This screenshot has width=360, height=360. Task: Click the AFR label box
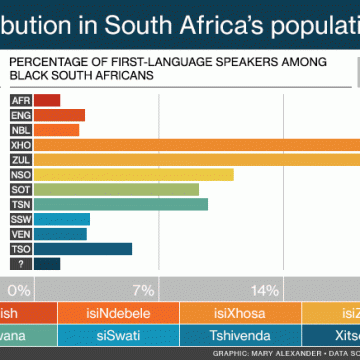[20, 100]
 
